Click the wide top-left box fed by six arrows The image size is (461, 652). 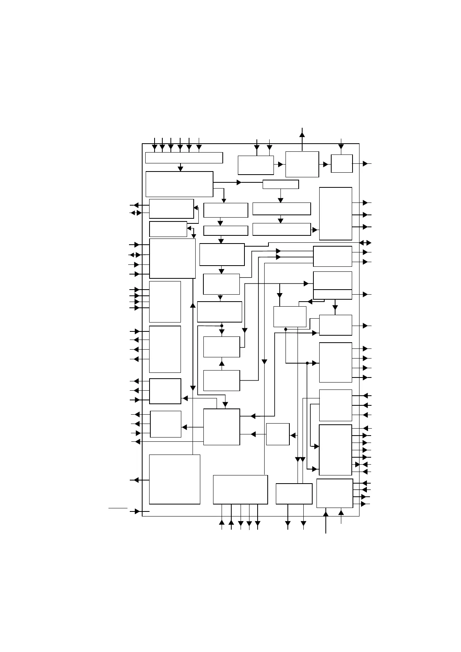[x=184, y=158]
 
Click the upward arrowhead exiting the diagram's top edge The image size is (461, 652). [x=302, y=134]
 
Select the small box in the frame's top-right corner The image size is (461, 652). [x=342, y=163]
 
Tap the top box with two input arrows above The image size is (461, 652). [x=256, y=165]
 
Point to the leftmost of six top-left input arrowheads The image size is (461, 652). [x=155, y=147]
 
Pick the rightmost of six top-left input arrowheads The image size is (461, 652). [x=199, y=147]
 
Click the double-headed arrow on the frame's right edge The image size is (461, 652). [x=365, y=243]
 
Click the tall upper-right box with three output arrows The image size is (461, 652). [x=335, y=214]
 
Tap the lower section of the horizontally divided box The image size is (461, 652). [x=332, y=294]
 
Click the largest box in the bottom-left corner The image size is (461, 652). [x=174, y=479]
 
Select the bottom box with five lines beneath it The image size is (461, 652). [x=240, y=490]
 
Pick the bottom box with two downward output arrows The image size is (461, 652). [x=294, y=494]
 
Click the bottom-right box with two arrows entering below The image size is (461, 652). [x=335, y=493]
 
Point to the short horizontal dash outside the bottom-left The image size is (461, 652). [x=118, y=507]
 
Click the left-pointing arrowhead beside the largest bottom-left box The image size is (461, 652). [x=136, y=480]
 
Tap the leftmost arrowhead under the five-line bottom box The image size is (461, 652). [x=222, y=522]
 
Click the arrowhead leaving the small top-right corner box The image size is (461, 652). [x=365, y=164]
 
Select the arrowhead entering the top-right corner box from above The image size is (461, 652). [x=341, y=146]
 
